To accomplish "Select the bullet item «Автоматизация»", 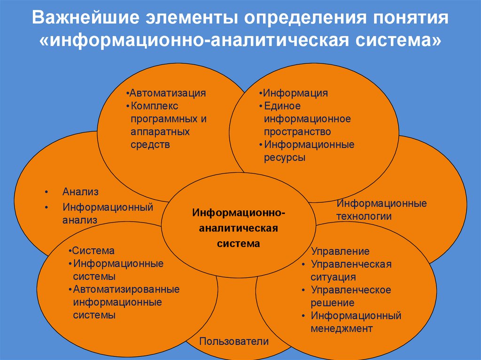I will coord(168,93).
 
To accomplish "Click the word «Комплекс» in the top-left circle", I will coord(155,106).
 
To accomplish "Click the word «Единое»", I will coord(282,106).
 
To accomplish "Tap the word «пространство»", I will coord(297,132).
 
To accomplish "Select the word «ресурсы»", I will coord(285,158).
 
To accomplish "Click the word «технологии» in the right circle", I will coord(364,216).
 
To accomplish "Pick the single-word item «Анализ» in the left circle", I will coord(80,192).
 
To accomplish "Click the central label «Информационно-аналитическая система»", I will coord(238,229).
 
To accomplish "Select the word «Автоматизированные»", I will coord(126,290).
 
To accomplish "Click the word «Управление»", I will coord(340,252).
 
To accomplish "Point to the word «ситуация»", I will coord(333,277).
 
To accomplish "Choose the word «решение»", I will coord(332,303).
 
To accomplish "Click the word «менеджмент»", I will coord(341,329).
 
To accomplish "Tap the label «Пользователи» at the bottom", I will coord(234,341).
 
